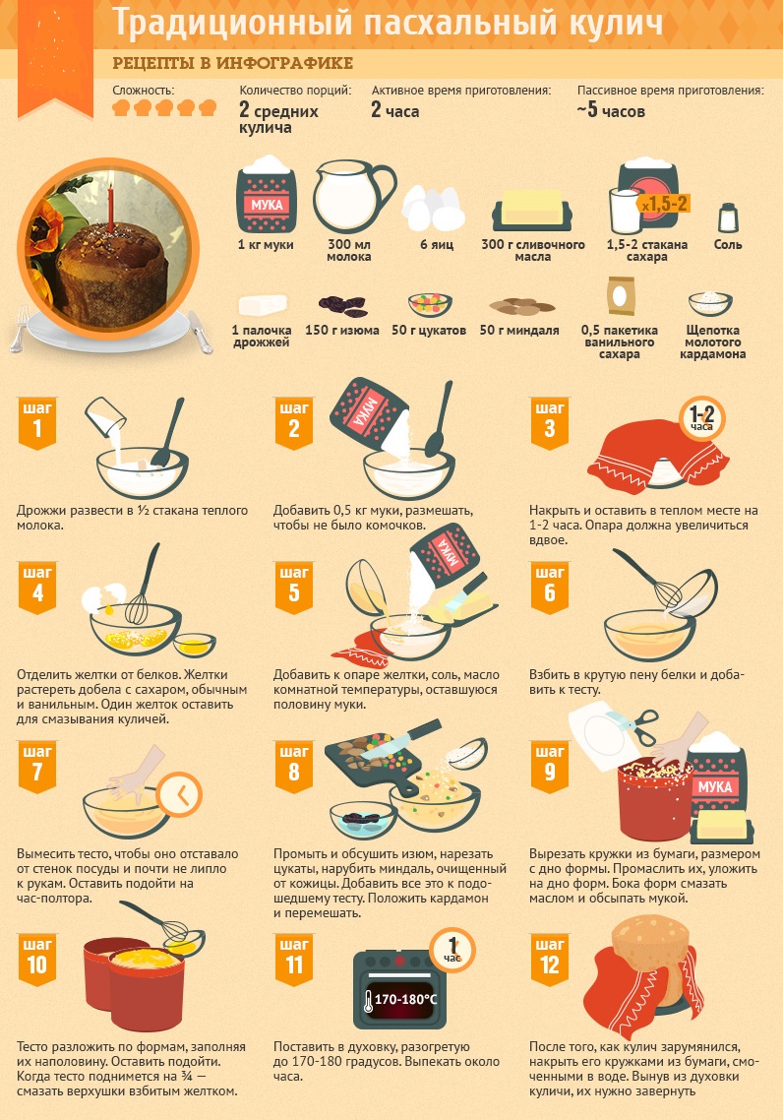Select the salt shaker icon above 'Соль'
(728, 218)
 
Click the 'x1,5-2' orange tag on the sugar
(665, 205)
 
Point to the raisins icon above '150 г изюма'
(343, 306)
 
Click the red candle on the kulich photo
(110, 207)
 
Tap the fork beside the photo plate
(20, 329)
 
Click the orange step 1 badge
(37, 423)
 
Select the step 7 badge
(37, 767)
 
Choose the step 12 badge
(550, 960)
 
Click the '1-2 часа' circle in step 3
(701, 418)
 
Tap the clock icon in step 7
(179, 794)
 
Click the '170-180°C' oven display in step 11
(400, 999)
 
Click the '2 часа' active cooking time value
(394, 110)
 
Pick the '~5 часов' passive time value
(611, 110)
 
